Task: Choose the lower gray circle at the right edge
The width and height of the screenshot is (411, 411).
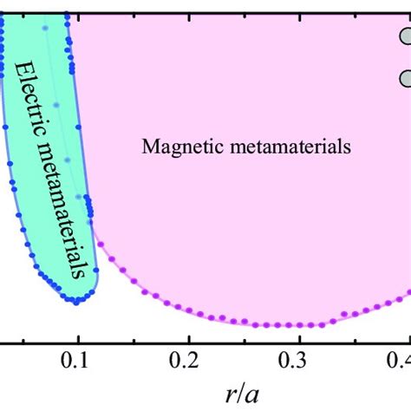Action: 406,79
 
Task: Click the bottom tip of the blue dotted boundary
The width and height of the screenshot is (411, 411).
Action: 78,301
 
